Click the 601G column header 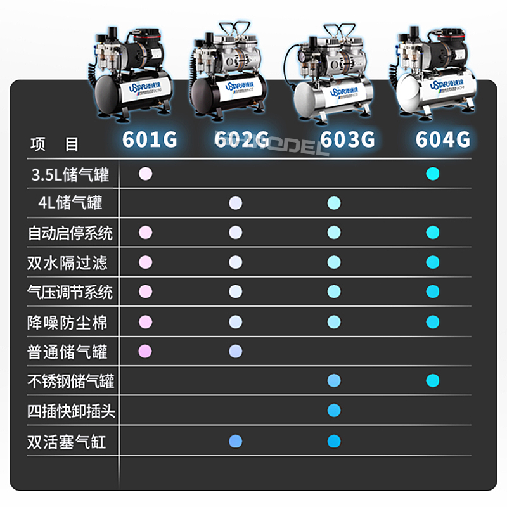pyautogui.click(x=150, y=139)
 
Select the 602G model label pyautogui.click(x=242, y=139)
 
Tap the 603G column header pyautogui.click(x=347, y=139)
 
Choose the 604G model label pyautogui.click(x=443, y=139)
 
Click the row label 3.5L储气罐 pyautogui.click(x=70, y=174)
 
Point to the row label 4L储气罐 pyautogui.click(x=70, y=203)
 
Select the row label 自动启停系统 pyautogui.click(x=70, y=233)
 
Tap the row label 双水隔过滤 pyautogui.click(x=67, y=262)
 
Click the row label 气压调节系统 pyautogui.click(x=70, y=292)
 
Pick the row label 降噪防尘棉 pyautogui.click(x=67, y=322)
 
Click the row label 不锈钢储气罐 pyautogui.click(x=71, y=382)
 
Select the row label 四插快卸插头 pyautogui.click(x=71, y=411)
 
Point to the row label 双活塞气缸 pyautogui.click(x=67, y=441)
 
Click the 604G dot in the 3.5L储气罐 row pyautogui.click(x=433, y=174)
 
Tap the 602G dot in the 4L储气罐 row pyautogui.click(x=236, y=203)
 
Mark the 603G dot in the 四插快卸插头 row pyautogui.click(x=334, y=411)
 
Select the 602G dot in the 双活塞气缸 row pyautogui.click(x=236, y=441)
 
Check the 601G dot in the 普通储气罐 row pyautogui.click(x=146, y=350)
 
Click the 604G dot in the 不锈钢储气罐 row pyautogui.click(x=433, y=380)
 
